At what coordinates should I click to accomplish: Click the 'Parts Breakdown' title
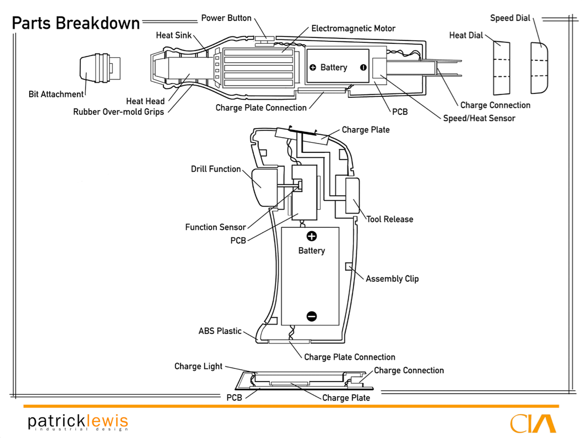[76, 23]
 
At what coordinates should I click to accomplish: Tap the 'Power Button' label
[226, 18]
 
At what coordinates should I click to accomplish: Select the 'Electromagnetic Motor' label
[353, 29]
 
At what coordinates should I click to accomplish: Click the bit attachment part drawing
[99, 68]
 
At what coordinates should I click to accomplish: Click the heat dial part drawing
[502, 68]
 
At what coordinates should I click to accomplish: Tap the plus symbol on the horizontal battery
[313, 67]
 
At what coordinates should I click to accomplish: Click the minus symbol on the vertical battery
[312, 316]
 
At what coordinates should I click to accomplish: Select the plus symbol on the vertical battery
[312, 236]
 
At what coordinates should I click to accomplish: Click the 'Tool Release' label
[390, 219]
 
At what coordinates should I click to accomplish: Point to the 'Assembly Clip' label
[392, 279]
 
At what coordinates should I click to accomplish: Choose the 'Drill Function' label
[216, 169]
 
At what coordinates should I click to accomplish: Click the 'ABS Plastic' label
[220, 331]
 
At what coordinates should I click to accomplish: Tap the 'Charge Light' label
[198, 366]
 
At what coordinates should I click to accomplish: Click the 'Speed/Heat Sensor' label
[479, 118]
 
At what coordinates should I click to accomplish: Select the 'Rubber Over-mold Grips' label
[119, 112]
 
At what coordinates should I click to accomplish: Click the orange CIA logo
[533, 423]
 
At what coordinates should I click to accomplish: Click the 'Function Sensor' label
[215, 227]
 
